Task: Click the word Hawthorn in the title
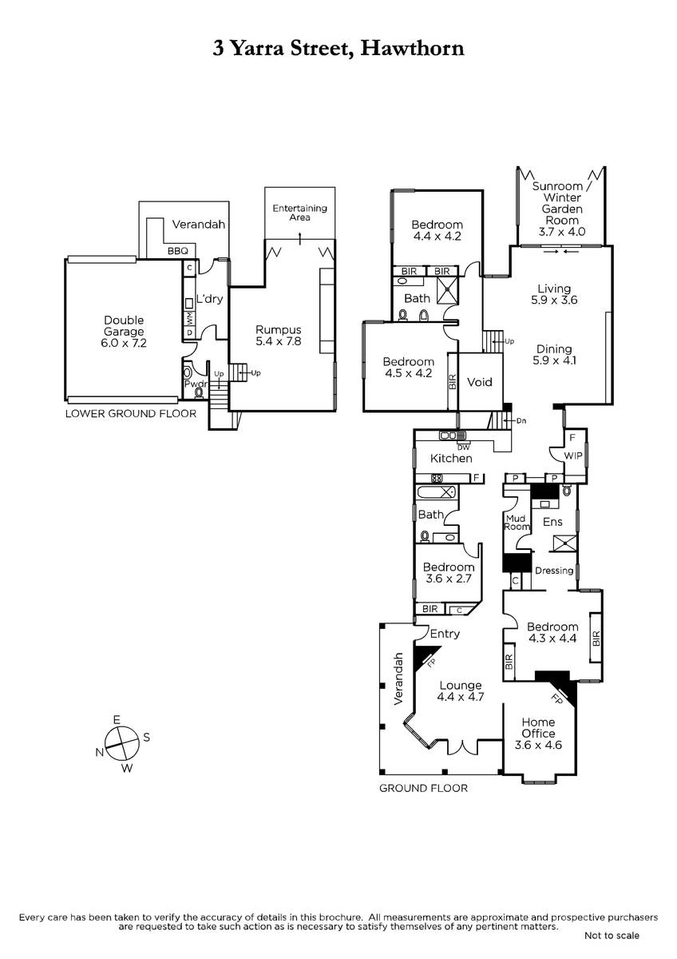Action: [412, 48]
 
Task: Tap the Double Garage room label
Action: [124, 326]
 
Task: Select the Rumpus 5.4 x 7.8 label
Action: [279, 336]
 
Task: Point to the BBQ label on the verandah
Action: [178, 251]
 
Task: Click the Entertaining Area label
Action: [300, 213]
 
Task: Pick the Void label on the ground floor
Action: [480, 382]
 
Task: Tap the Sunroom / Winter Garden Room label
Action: [561, 209]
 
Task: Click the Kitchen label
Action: [451, 459]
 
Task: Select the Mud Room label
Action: [517, 523]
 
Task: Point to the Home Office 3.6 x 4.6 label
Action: [538, 734]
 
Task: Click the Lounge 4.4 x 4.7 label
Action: [460, 691]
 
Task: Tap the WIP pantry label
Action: [572, 456]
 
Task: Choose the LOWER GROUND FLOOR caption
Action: [131, 414]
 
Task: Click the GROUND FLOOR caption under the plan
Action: [423, 788]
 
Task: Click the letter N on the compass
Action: [100, 753]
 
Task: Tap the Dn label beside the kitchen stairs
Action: [521, 421]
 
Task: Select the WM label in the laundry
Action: [189, 318]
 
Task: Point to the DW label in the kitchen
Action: [463, 448]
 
